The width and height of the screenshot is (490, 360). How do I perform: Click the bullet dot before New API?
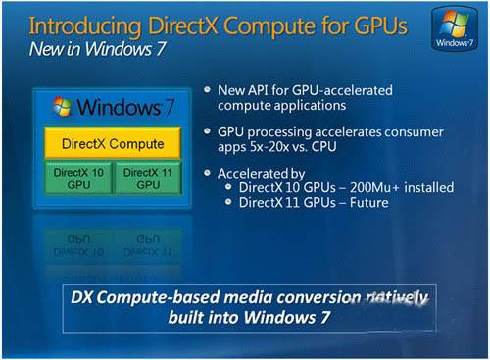pos(208,91)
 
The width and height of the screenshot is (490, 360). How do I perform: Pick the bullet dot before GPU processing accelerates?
pos(208,129)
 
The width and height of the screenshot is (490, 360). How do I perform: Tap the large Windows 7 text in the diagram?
pos(115,105)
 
